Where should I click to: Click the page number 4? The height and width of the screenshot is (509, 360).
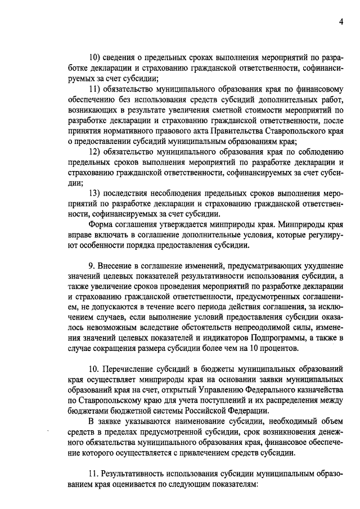(x=341, y=21)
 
